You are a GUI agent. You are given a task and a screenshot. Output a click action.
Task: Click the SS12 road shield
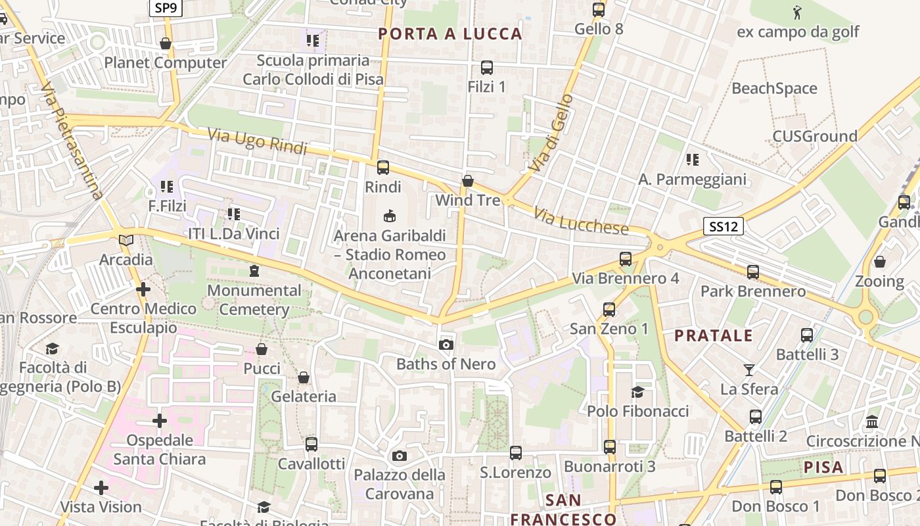(723, 227)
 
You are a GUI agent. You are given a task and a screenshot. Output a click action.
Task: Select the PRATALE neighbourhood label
(714, 335)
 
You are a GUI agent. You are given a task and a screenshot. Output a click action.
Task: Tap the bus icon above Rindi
(383, 168)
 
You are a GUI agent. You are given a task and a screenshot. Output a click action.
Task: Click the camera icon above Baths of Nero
(446, 345)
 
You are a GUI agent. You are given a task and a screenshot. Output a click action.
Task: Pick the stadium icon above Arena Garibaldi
(390, 216)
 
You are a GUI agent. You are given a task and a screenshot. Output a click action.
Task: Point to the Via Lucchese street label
(581, 222)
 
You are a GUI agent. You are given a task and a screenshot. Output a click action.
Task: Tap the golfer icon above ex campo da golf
(798, 12)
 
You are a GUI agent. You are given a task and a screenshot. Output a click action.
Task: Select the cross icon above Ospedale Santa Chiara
(160, 421)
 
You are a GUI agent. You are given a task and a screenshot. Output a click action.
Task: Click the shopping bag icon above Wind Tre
(468, 181)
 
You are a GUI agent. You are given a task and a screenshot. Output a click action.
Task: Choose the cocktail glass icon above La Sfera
(748, 370)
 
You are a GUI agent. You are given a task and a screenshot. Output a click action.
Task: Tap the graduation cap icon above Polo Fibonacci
(637, 393)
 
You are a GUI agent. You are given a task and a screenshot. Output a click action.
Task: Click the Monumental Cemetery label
(254, 299)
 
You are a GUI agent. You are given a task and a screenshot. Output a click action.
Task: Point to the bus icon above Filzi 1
(487, 67)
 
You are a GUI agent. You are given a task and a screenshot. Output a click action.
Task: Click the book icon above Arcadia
(126, 240)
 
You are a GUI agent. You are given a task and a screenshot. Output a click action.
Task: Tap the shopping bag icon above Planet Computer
(166, 44)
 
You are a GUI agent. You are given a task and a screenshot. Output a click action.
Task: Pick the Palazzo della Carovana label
(400, 484)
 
